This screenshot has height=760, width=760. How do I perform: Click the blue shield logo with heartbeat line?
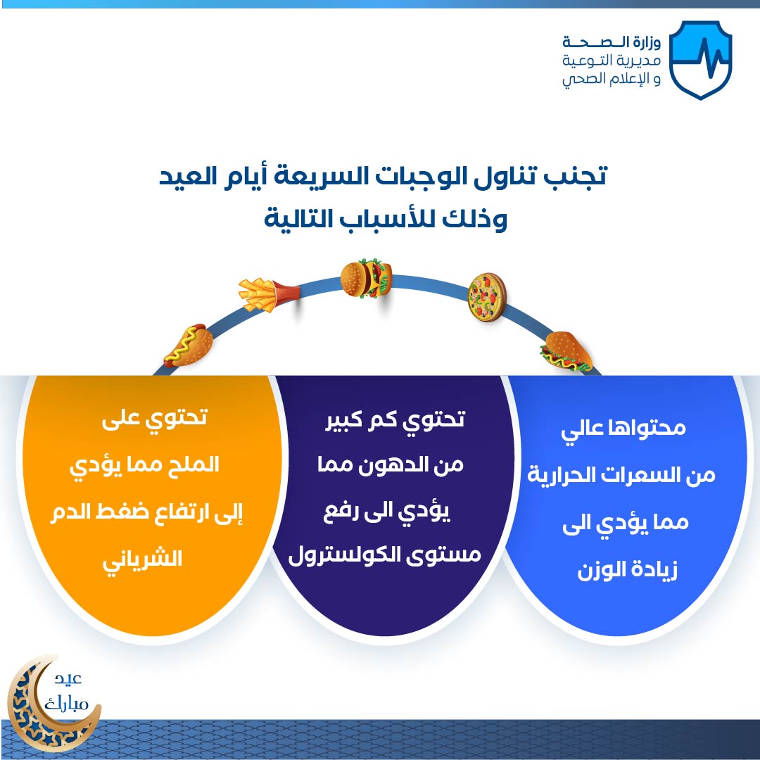tap(700, 60)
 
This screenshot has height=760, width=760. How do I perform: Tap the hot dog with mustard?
tap(188, 346)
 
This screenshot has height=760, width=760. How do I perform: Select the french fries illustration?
tap(269, 294)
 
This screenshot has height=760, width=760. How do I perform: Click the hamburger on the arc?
tap(366, 279)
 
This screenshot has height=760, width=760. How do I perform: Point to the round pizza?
tap(487, 297)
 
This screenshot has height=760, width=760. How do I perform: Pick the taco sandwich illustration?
tap(566, 351)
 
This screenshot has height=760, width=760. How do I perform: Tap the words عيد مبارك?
tap(66, 692)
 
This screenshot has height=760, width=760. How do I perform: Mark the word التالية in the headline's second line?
tap(295, 219)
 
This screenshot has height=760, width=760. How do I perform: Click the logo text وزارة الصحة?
tap(612, 42)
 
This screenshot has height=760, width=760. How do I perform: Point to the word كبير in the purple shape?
tap(344, 419)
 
